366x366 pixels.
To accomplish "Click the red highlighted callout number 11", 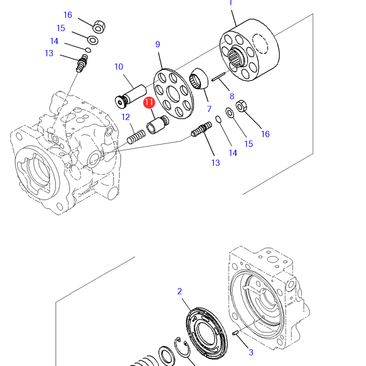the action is (x=149, y=102).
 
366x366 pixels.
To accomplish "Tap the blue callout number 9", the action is (x=158, y=44).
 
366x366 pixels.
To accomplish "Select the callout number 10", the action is (x=119, y=67).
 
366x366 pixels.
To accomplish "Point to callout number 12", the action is (x=125, y=117).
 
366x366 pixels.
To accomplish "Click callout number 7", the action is (x=209, y=109).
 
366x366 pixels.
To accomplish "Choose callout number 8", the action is (x=232, y=96).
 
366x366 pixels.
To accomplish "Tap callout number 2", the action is (x=179, y=291).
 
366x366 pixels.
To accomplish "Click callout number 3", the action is (x=251, y=352).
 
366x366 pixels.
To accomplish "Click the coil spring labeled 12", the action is (x=136, y=137).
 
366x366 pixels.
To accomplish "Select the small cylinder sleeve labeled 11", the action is (x=157, y=124).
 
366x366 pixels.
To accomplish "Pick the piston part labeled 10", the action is (x=131, y=96).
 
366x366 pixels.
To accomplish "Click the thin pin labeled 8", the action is (x=218, y=77).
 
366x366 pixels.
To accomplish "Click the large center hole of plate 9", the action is (x=174, y=94).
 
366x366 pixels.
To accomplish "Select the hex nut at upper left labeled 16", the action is (x=99, y=27).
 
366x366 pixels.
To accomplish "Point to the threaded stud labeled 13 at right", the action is (x=201, y=129).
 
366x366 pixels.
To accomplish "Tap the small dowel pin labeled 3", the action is (x=235, y=333).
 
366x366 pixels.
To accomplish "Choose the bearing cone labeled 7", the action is (x=198, y=78).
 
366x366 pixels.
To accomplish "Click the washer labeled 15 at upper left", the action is (x=93, y=40).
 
